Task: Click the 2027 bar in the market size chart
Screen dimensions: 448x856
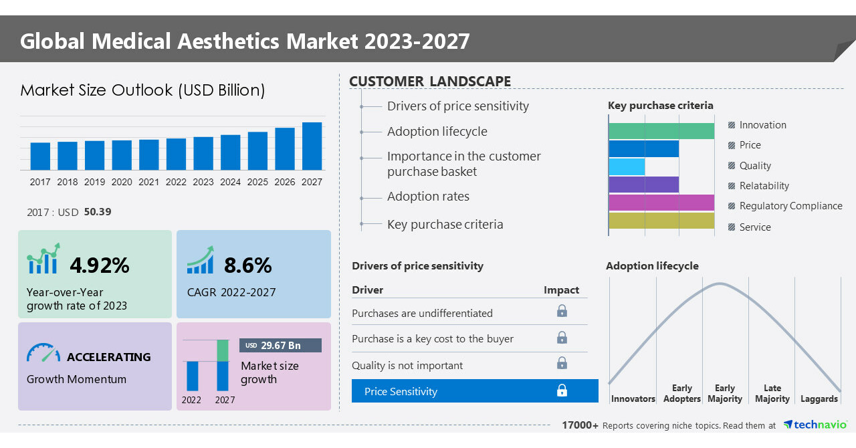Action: [312, 146]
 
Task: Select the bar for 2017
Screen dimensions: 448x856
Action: [40, 156]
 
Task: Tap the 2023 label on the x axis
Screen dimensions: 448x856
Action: [203, 182]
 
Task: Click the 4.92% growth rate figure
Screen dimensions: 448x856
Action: [100, 265]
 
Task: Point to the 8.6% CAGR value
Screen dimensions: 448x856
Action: [247, 265]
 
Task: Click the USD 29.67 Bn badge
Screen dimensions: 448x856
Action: [280, 345]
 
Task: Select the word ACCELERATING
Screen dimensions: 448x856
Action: [109, 357]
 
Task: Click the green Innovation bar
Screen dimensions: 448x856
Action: [661, 131]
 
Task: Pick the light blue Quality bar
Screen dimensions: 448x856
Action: [627, 166]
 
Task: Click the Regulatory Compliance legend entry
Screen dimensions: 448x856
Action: [790, 206]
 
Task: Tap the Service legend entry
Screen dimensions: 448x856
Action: [754, 227]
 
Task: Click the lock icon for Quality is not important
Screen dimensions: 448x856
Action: [562, 363]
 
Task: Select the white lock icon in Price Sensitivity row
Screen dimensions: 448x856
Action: [562, 390]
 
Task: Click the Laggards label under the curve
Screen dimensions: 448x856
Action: [819, 399]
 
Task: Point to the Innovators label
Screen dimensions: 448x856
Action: [633, 399]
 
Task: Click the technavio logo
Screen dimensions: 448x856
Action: [815, 425]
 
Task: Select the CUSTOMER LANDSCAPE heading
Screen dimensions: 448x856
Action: [430, 82]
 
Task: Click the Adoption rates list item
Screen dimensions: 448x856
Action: [428, 197]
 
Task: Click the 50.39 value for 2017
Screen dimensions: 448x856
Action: [98, 212]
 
